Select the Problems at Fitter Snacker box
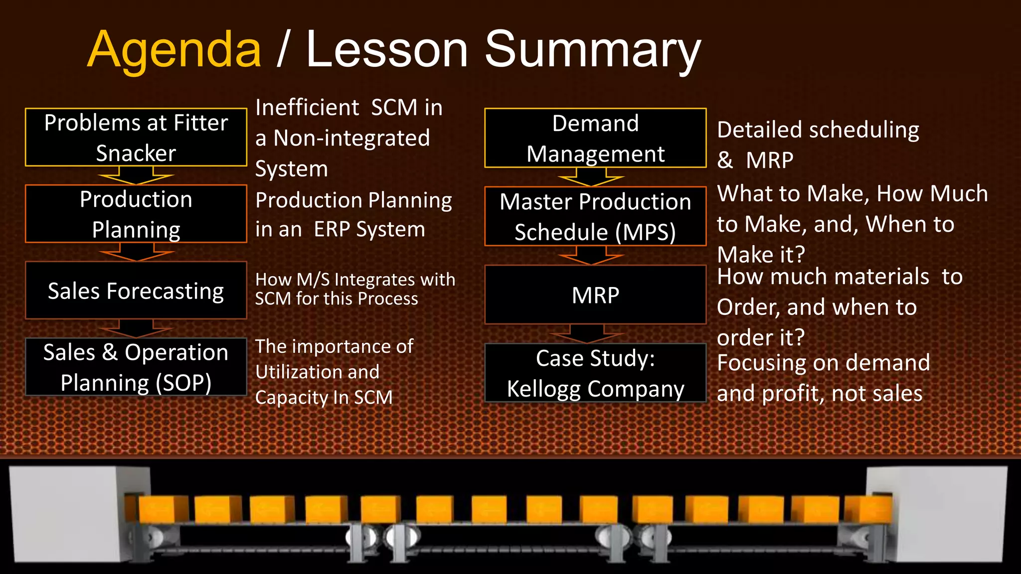(x=136, y=137)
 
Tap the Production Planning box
(x=136, y=214)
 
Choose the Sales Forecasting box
(x=136, y=290)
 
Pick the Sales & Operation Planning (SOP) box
(x=136, y=367)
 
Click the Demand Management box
(x=595, y=138)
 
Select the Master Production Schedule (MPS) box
(x=595, y=216)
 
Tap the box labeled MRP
(x=595, y=294)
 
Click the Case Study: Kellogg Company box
(x=595, y=373)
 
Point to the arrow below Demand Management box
(x=591, y=177)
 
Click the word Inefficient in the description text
(x=307, y=108)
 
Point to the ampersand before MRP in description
(x=725, y=160)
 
